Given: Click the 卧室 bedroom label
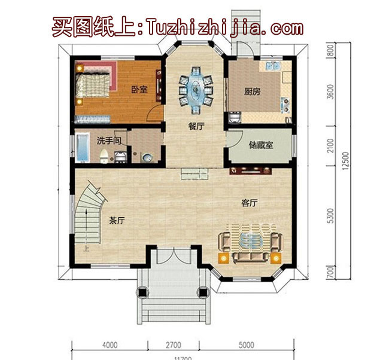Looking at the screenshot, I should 139,90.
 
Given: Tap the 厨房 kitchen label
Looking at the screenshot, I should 252,92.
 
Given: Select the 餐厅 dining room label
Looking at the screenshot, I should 196,126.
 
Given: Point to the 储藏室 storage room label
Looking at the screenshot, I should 261,145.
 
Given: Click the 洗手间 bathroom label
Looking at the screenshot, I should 110,141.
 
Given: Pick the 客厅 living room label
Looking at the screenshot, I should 249,203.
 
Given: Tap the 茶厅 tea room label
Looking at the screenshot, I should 117,220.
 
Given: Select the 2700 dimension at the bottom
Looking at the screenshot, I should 171,345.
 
